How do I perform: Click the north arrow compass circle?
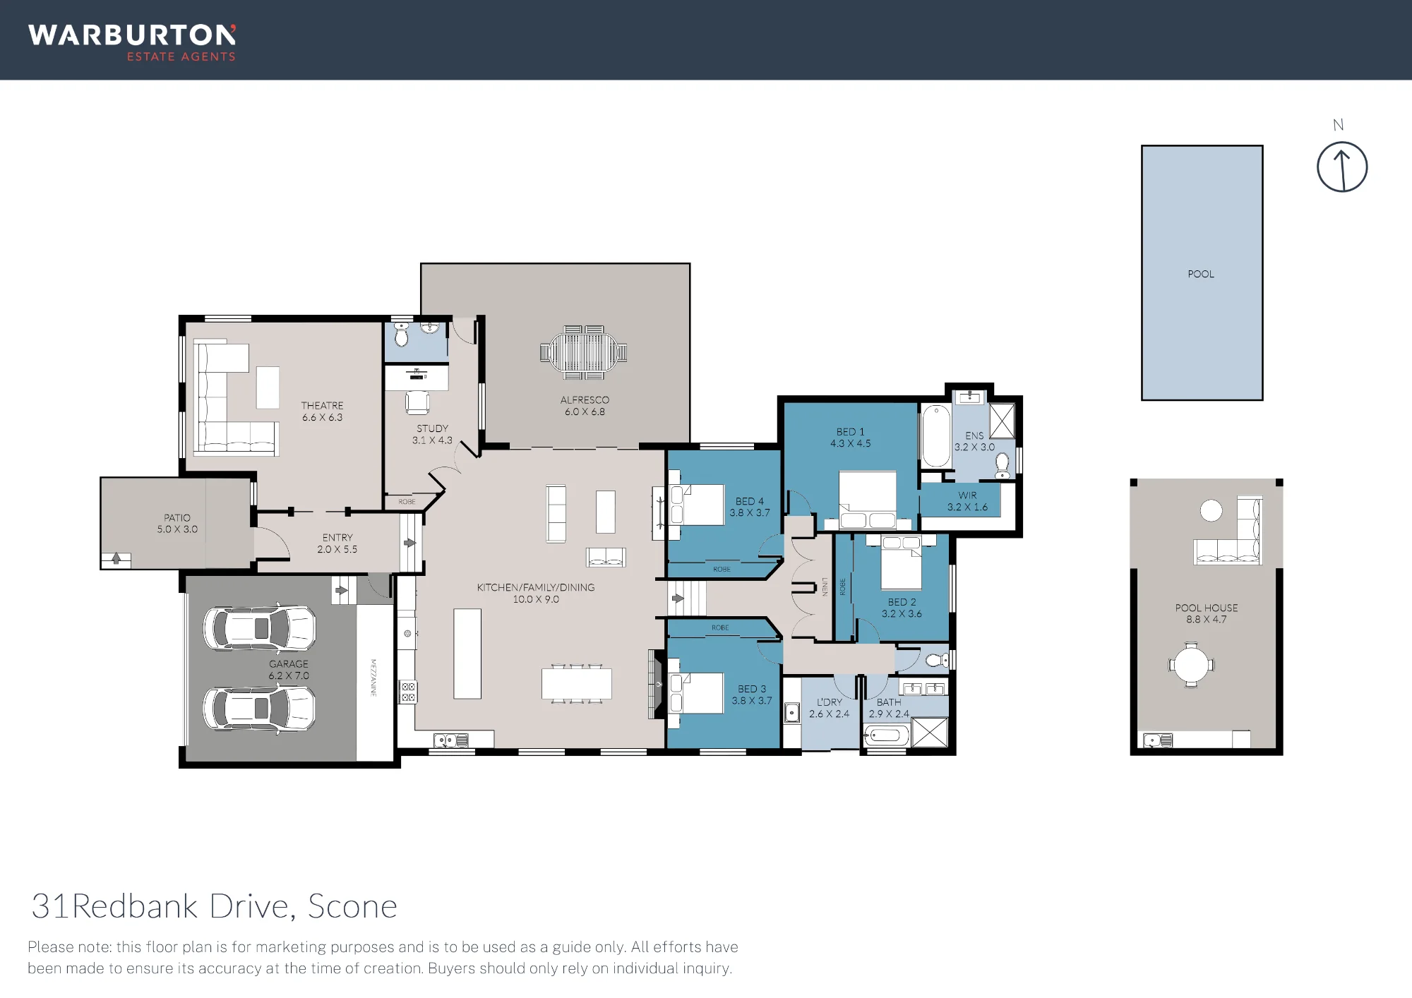pyautogui.click(x=1318, y=168)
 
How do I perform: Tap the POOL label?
pyautogui.click(x=1201, y=274)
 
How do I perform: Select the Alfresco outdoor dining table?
pyautogui.click(x=584, y=351)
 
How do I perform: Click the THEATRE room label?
pyautogui.click(x=322, y=405)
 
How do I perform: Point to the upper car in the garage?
pyautogui.click(x=259, y=627)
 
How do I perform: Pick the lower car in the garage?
pyautogui.click(x=259, y=708)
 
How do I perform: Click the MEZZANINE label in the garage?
pyautogui.click(x=373, y=678)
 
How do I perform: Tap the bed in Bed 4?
pyautogui.click(x=697, y=505)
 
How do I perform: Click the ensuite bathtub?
pyautogui.click(x=936, y=435)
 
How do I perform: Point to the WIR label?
pyautogui.click(x=967, y=495)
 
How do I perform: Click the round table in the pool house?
pyautogui.click(x=1191, y=665)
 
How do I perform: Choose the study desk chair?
pyautogui.click(x=417, y=402)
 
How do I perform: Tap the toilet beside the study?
pyautogui.click(x=402, y=335)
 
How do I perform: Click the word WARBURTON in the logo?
pyautogui.click(x=132, y=35)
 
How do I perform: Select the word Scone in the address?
pyautogui.click(x=352, y=906)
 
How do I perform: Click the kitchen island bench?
pyautogui.click(x=467, y=654)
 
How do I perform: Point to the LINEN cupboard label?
pyautogui.click(x=825, y=587)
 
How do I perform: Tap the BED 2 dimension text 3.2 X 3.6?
pyautogui.click(x=902, y=613)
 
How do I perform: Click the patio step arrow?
pyautogui.click(x=116, y=559)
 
